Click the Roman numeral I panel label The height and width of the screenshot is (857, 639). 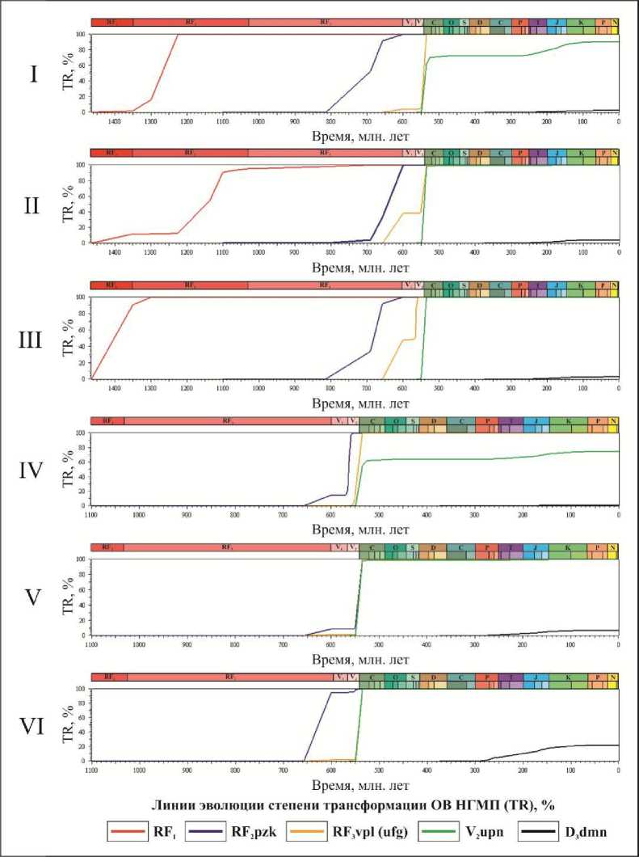[33, 74]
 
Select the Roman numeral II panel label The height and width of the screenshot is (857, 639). [32, 205]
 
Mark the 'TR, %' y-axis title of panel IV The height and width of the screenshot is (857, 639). [68, 470]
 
